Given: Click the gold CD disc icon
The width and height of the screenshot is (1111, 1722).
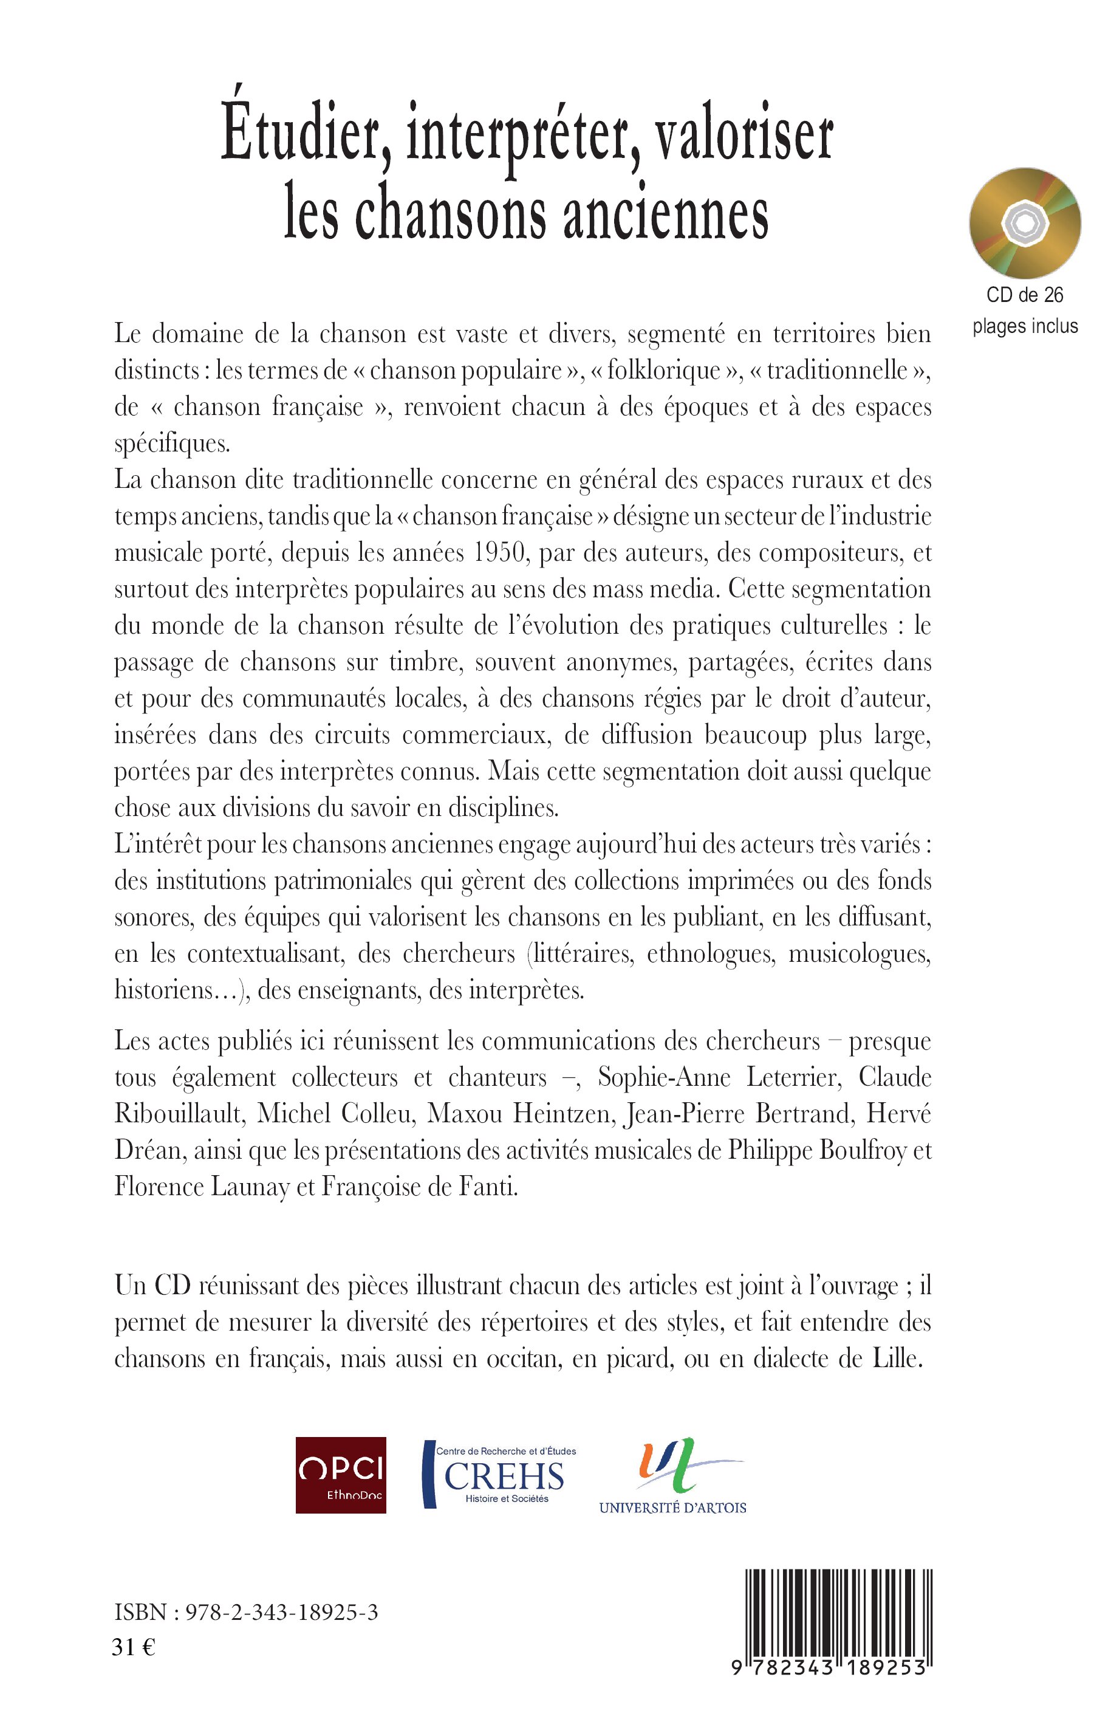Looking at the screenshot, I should tap(1024, 224).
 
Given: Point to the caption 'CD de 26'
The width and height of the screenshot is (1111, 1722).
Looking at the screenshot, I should tap(1024, 295).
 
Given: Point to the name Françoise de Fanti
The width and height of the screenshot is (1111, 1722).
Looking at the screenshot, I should tap(419, 1187).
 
